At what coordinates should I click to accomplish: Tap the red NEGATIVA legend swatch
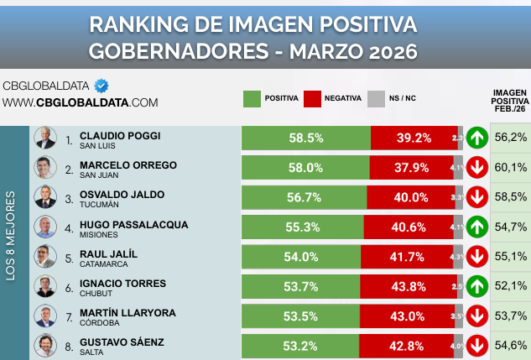point(315,98)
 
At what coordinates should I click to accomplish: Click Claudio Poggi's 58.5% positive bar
point(305,138)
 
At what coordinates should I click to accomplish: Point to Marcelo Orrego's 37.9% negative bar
point(411,167)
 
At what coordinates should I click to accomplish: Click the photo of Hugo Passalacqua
point(44,227)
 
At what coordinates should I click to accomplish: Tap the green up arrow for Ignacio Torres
point(477,286)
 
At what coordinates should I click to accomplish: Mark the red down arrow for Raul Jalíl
point(477,257)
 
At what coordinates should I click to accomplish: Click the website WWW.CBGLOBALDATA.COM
point(80,102)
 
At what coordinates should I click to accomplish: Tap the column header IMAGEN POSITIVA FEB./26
point(509,101)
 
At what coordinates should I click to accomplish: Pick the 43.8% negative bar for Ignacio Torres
point(412,286)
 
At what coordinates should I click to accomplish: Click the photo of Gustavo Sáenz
point(44,345)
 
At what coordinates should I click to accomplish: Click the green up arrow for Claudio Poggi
point(477,138)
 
